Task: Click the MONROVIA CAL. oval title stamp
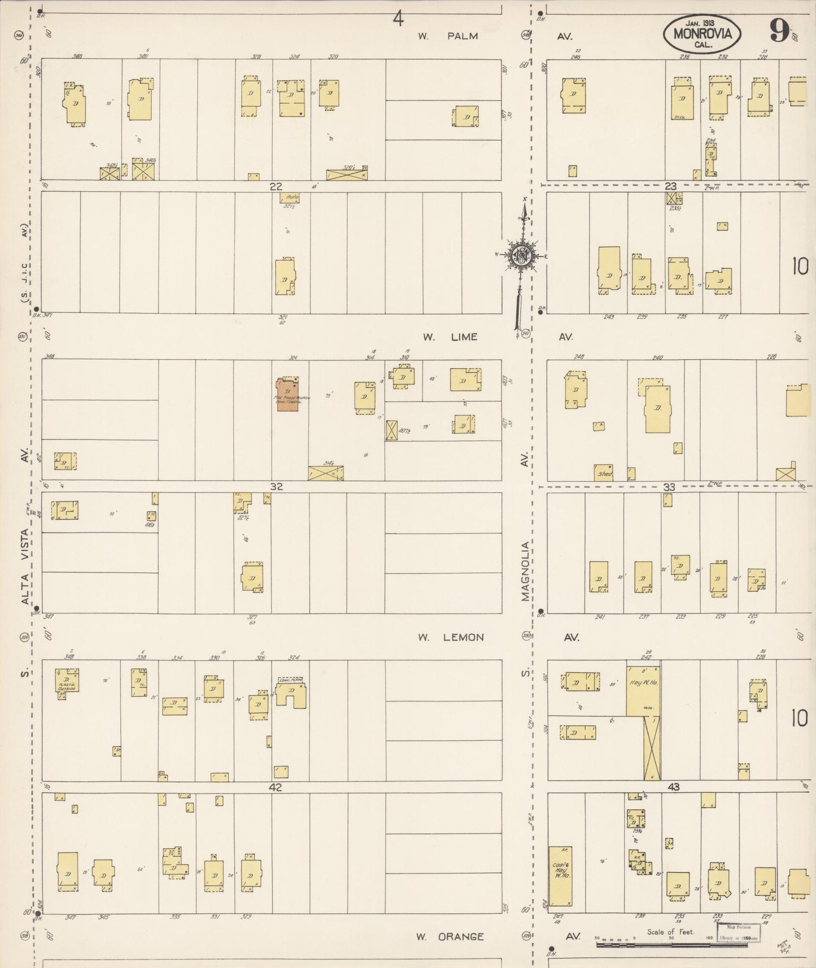tap(702, 33)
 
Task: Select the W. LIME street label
tap(450, 337)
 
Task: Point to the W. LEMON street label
tap(451, 638)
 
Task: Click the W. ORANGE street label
tap(450, 936)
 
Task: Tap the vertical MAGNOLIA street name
tap(526, 571)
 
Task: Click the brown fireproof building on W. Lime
tap(287, 394)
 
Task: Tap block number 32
tap(276, 487)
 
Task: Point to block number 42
tap(276, 787)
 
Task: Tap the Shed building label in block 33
tap(604, 473)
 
